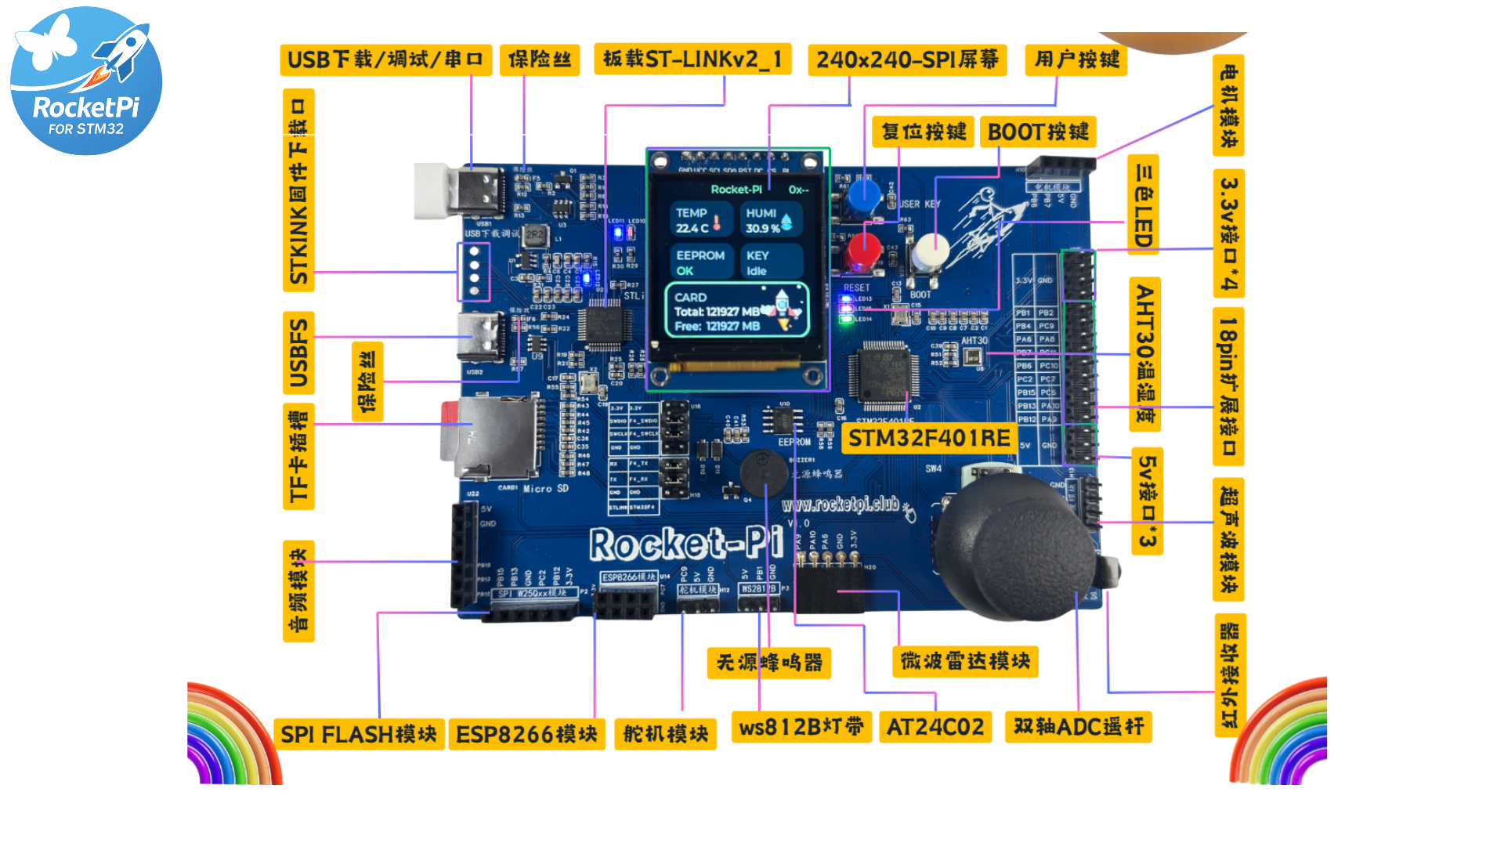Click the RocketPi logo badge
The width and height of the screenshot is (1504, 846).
pyautogui.click(x=86, y=81)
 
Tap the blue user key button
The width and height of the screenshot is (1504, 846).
pyautogui.click(x=864, y=196)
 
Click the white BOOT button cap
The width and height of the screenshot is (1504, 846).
pyautogui.click(x=931, y=251)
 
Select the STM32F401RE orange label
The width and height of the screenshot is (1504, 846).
pyautogui.click(x=929, y=439)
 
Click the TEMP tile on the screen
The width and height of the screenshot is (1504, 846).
pyautogui.click(x=700, y=220)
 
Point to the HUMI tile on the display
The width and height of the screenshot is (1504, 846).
pyautogui.click(x=769, y=220)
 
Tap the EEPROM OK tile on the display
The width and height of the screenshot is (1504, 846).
pyautogui.click(x=700, y=263)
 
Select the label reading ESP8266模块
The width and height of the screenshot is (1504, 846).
pyautogui.click(x=526, y=735)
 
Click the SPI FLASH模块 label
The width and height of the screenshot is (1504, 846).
pyautogui.click(x=359, y=735)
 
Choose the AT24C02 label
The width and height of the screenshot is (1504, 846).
pyautogui.click(x=935, y=728)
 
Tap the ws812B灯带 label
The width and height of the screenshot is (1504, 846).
pyautogui.click(x=801, y=728)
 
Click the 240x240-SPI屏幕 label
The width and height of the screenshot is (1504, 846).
pyautogui.click(x=907, y=60)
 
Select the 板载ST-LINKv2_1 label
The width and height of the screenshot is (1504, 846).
pyautogui.click(x=692, y=60)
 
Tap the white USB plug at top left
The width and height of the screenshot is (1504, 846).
pyautogui.click(x=432, y=190)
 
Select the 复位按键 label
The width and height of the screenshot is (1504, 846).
pyautogui.click(x=924, y=132)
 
